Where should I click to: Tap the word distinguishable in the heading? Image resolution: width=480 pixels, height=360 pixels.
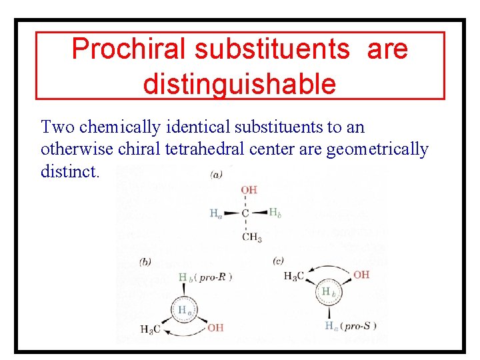[239, 84]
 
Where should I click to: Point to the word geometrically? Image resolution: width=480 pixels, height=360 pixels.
[377, 149]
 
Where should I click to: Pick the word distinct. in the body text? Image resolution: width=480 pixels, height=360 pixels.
[70, 171]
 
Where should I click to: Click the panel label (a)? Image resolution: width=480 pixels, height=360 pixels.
[217, 175]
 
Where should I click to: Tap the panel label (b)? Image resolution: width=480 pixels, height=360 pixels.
[145, 262]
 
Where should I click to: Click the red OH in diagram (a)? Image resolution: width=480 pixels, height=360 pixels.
[249, 190]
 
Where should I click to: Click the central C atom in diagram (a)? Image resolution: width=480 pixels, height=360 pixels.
[245, 213]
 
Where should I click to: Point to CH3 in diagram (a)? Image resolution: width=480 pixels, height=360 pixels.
[251, 237]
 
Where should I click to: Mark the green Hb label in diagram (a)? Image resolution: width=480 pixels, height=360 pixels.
[275, 212]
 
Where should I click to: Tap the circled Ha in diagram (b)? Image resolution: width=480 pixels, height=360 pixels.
[185, 309]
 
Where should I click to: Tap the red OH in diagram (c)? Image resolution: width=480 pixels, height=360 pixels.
[361, 275]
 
